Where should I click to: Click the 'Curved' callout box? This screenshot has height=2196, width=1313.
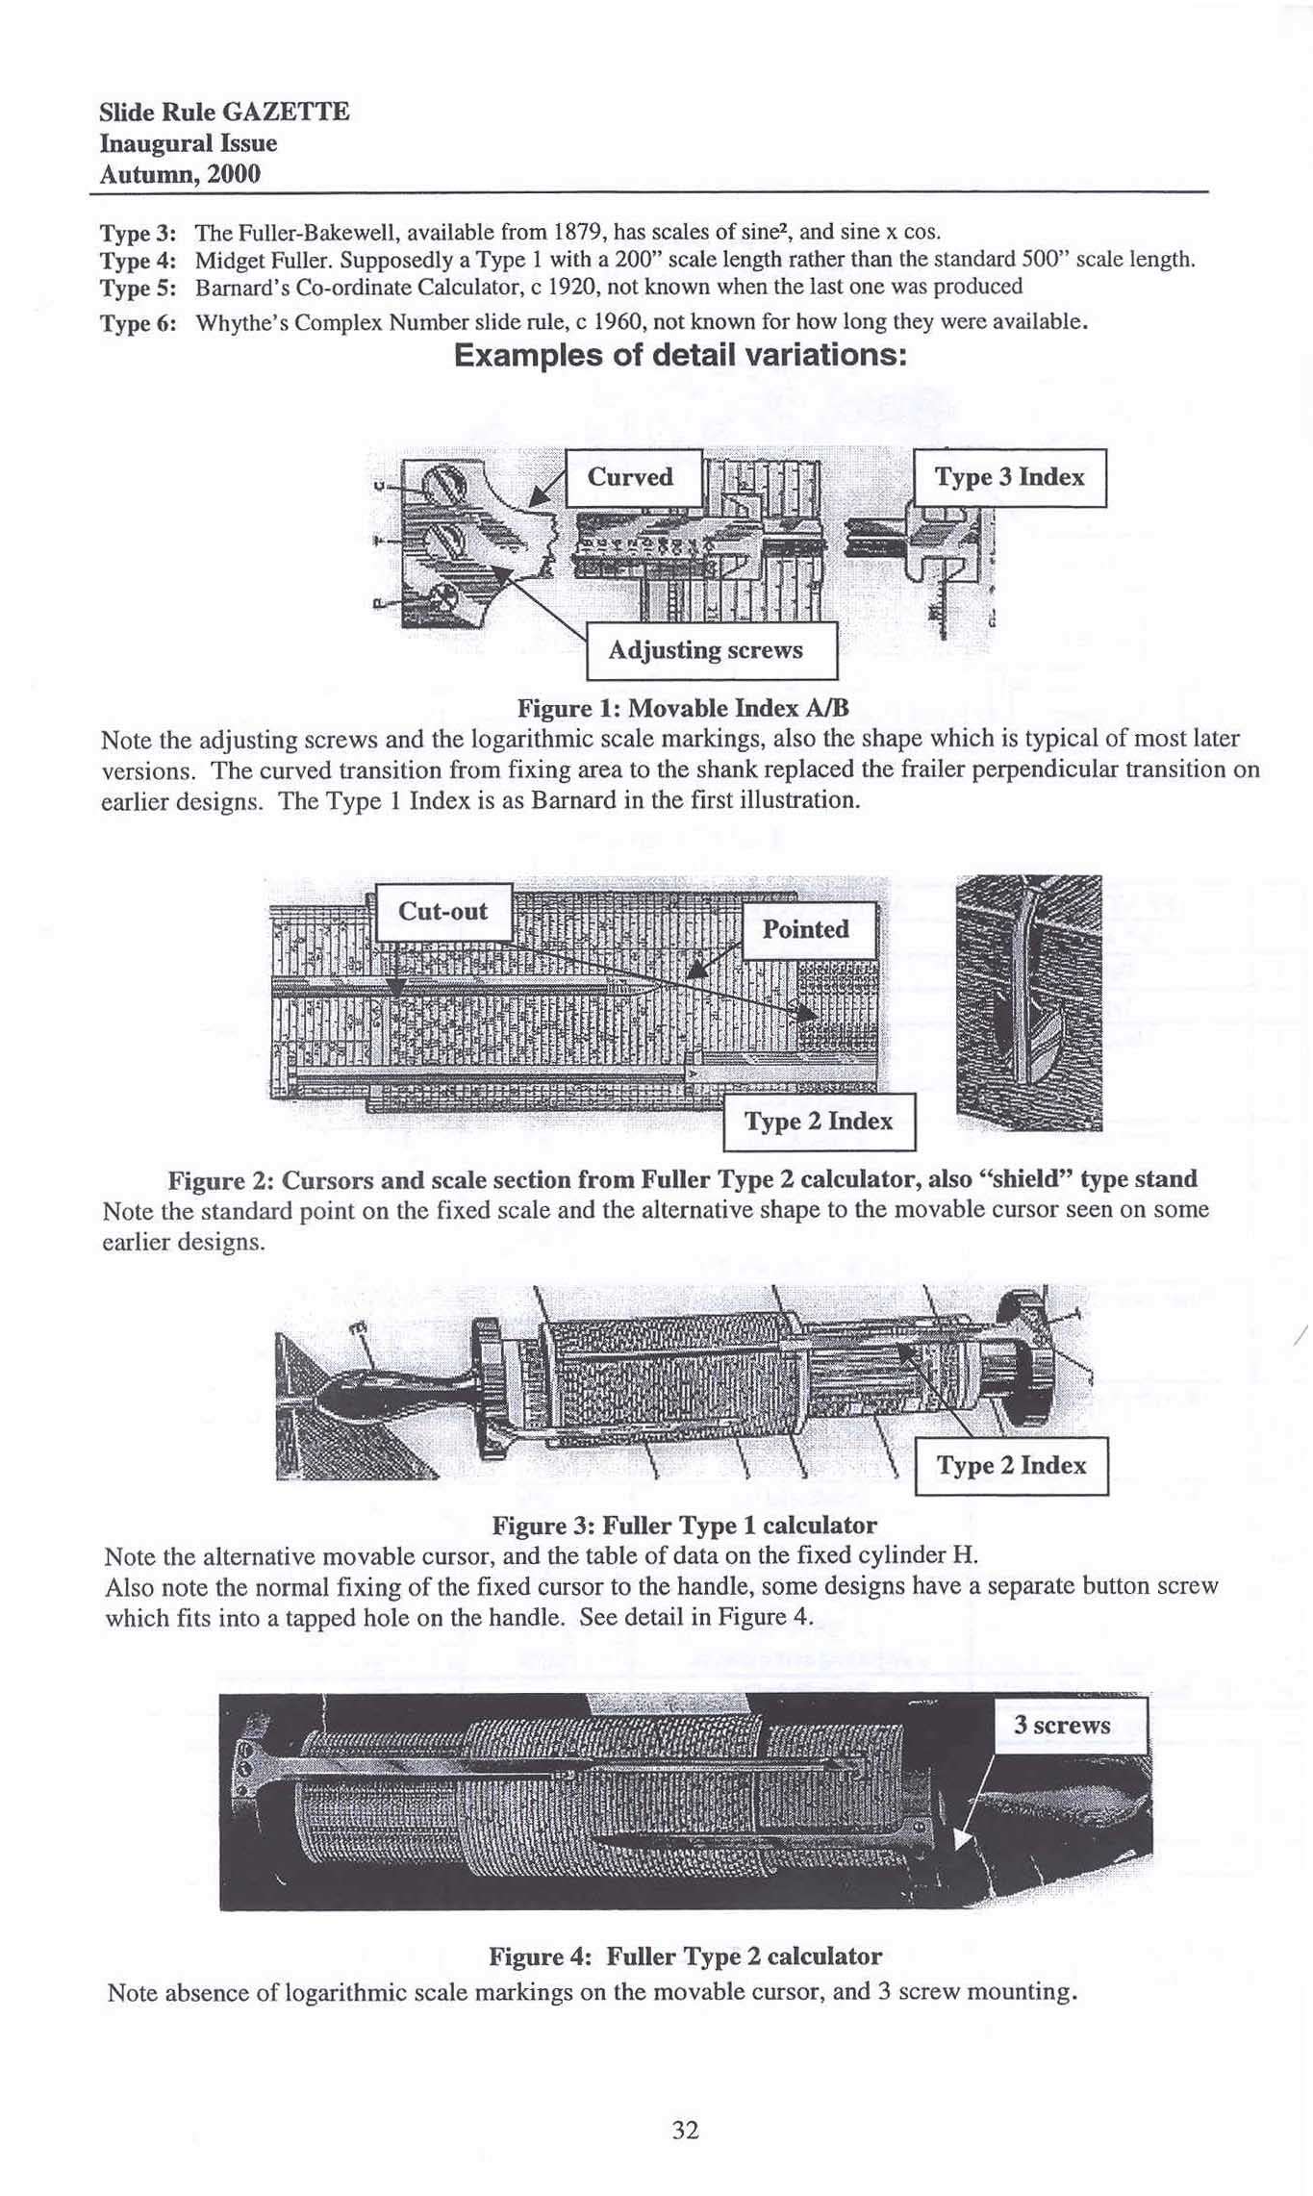pyautogui.click(x=632, y=477)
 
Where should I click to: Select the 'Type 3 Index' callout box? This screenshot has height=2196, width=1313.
pyautogui.click(x=1009, y=477)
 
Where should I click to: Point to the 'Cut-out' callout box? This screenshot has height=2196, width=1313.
pyautogui.click(x=442, y=911)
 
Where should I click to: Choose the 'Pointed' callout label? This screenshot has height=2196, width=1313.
pyautogui.click(x=807, y=929)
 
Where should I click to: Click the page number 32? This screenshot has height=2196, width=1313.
pyautogui.click(x=685, y=2130)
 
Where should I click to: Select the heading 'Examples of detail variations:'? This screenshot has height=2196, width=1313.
pyautogui.click(x=681, y=355)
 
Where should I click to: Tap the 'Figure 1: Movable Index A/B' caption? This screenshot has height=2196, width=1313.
pyautogui.click(x=683, y=709)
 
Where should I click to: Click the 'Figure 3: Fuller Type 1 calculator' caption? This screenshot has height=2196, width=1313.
pyautogui.click(x=684, y=1526)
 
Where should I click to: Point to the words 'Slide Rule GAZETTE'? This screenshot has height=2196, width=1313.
pyautogui.click(x=224, y=113)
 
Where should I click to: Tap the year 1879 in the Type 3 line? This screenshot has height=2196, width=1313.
pyautogui.click(x=579, y=232)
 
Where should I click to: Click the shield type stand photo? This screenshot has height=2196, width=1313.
pyautogui.click(x=1029, y=1002)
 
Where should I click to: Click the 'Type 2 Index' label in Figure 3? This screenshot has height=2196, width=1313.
pyautogui.click(x=1011, y=1466)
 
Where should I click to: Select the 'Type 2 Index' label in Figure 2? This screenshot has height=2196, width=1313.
pyautogui.click(x=819, y=1122)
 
